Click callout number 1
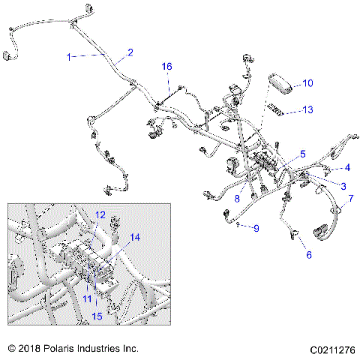[x=70, y=57]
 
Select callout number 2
[x=130, y=52]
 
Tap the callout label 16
[x=167, y=67]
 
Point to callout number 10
[x=307, y=83]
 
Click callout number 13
[x=307, y=110]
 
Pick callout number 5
[x=303, y=153]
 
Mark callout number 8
[x=237, y=199]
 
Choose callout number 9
[x=256, y=227]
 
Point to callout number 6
[x=307, y=255]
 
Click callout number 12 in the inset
[x=100, y=215]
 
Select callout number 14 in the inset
[x=135, y=238]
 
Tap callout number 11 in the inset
[x=87, y=298]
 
